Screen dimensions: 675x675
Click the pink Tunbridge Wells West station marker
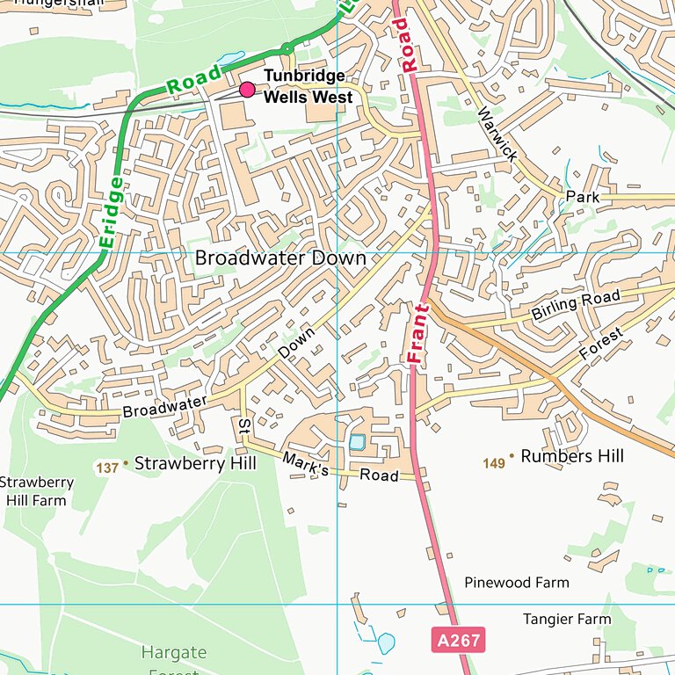(247, 90)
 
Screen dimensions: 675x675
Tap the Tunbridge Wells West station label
(307, 87)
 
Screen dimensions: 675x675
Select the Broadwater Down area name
(279, 258)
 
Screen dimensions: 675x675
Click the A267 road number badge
(458, 640)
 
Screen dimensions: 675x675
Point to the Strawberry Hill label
(194, 463)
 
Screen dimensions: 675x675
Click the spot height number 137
(107, 468)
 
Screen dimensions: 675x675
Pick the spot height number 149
(495, 462)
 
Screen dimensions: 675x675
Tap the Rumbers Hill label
(572, 456)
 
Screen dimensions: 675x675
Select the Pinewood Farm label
(517, 582)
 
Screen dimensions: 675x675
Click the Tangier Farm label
(567, 619)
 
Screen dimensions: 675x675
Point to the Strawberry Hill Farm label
(36, 491)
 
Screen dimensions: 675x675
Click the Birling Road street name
(576, 305)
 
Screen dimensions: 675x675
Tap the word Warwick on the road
(497, 134)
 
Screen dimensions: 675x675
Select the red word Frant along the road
(417, 334)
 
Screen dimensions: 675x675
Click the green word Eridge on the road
(112, 214)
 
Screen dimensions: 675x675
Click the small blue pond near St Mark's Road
(357, 443)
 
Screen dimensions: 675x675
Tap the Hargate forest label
(174, 653)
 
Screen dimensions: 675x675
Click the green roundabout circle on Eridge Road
(287, 48)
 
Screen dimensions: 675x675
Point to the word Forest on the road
(602, 345)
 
